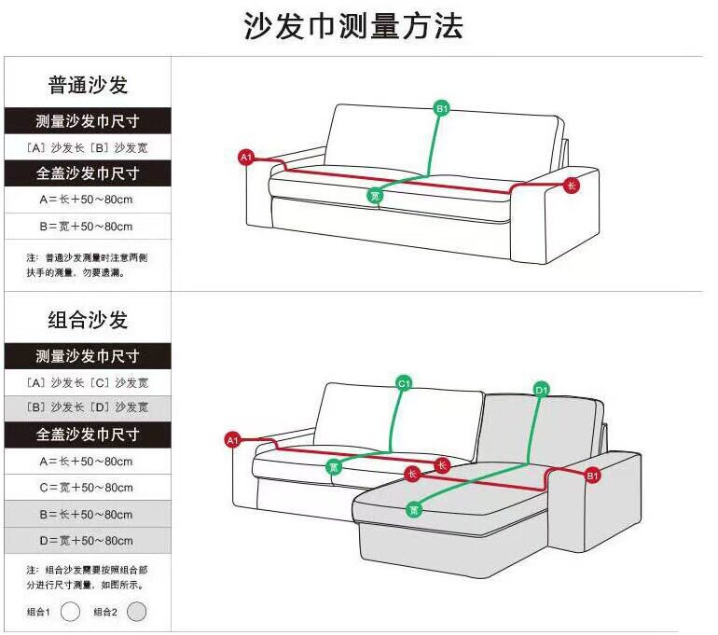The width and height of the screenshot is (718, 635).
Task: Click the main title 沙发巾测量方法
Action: [353, 26]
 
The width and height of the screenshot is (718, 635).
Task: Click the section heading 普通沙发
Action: [88, 85]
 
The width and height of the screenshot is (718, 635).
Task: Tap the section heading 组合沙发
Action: [88, 320]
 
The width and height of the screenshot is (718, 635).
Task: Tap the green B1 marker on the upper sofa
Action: [443, 109]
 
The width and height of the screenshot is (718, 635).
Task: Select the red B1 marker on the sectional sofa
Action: [591, 476]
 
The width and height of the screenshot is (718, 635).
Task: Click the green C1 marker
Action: [404, 382]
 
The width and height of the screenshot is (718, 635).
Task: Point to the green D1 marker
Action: [542, 388]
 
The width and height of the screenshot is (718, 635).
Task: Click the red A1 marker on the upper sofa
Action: [246, 158]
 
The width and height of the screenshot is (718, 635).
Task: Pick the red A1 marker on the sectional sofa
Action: [233, 439]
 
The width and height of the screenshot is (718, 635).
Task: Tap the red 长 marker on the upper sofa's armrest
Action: [572, 185]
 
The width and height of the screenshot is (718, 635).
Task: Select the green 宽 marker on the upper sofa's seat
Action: [375, 196]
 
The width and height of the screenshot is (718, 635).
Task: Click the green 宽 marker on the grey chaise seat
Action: [414, 509]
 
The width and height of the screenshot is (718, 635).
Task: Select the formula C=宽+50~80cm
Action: [86, 487]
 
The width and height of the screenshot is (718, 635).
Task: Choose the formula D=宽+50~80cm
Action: [86, 541]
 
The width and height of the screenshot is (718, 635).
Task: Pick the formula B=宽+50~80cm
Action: [86, 227]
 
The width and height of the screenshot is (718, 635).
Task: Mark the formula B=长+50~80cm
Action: [86, 514]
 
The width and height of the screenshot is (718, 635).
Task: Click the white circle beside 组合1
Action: [70, 612]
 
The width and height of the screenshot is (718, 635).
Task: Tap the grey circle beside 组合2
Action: [136, 612]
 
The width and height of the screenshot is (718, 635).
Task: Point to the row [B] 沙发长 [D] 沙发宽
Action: [88, 407]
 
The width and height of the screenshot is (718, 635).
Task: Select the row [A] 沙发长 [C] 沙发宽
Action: [88, 382]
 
